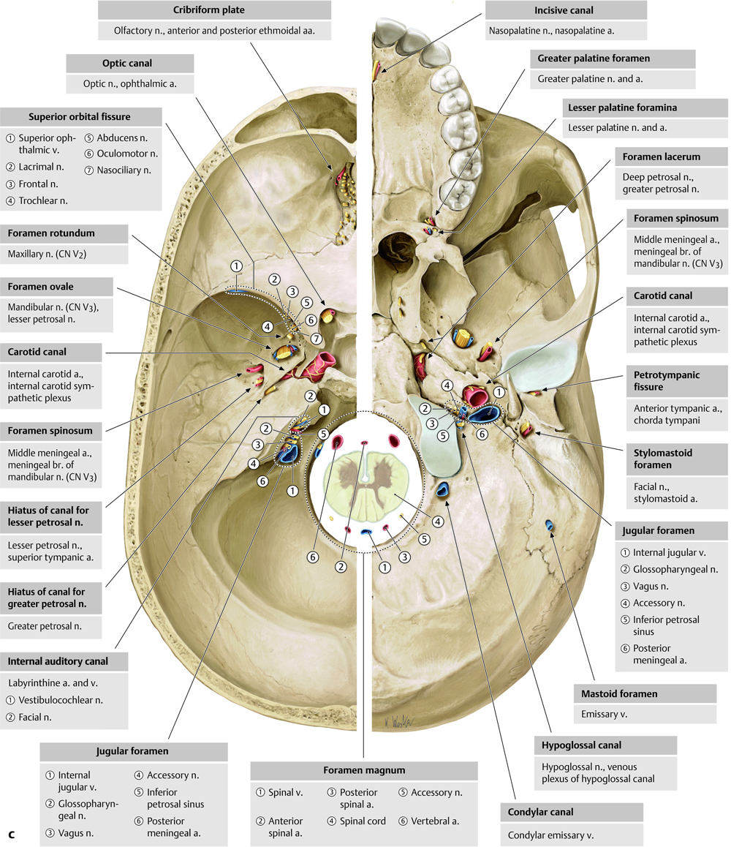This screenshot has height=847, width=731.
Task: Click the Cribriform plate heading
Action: click(214, 10)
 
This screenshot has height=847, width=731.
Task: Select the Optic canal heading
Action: click(129, 63)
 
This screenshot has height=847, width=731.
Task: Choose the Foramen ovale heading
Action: click(41, 287)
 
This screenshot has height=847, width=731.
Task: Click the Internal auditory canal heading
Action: click(58, 661)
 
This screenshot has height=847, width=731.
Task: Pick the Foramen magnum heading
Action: click(363, 771)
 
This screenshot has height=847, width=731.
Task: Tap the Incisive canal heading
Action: click(566, 10)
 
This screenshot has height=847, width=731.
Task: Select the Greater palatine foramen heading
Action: click(594, 58)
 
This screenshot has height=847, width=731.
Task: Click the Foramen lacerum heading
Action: click(662, 157)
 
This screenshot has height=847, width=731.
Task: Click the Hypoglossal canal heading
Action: click(582, 745)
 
